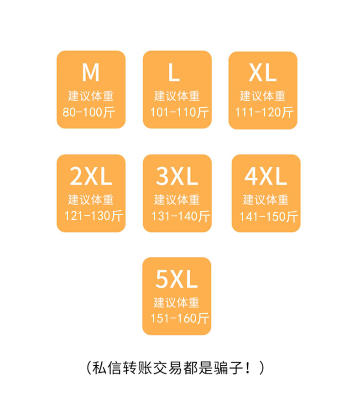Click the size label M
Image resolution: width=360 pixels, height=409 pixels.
(x=91, y=72)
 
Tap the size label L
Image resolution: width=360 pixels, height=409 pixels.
(x=174, y=72)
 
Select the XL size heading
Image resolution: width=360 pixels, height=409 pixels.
(x=263, y=72)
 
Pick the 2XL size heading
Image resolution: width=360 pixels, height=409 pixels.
(x=91, y=176)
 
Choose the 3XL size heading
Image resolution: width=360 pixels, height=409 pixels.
(x=177, y=176)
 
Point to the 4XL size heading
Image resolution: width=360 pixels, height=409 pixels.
(x=266, y=176)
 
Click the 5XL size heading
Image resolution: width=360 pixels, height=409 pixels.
(x=177, y=280)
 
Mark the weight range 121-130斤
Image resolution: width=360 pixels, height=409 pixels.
(x=94, y=216)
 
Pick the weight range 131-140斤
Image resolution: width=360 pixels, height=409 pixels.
(x=180, y=216)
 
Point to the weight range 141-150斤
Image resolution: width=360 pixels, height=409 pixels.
(x=269, y=216)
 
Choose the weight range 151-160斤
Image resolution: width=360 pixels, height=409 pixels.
(x=180, y=318)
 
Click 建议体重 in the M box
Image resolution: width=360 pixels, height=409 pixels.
(x=91, y=96)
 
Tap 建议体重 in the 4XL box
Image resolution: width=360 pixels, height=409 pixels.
(x=266, y=200)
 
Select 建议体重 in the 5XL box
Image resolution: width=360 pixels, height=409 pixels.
(x=177, y=302)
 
